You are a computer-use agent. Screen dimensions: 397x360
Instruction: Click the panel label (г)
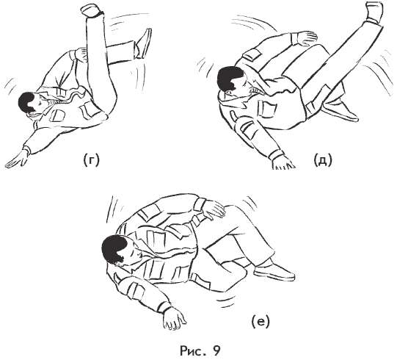coord(92,160)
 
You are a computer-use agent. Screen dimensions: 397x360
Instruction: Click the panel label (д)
coord(323,160)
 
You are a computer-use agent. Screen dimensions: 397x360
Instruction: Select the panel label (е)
coord(261,322)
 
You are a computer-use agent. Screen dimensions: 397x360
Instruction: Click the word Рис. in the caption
coord(193,351)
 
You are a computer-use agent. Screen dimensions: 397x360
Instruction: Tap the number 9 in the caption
coord(216,351)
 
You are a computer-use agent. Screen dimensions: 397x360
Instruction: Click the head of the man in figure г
coord(30,103)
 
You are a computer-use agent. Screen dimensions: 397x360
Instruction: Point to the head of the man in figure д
coord(232,81)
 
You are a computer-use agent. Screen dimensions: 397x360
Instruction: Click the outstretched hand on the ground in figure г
coord(15,159)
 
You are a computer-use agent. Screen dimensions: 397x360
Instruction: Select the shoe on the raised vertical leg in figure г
coord(92,10)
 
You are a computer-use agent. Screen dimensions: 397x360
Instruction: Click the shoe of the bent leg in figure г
coord(145,43)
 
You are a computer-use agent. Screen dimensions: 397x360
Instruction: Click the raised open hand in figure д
coord(306,38)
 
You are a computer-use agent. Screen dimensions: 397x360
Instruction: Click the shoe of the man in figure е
coord(274,271)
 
